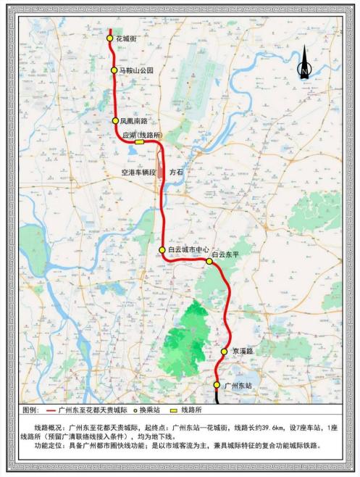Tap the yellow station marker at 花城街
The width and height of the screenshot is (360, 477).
click(109, 38)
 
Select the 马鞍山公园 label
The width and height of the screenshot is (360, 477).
click(136, 70)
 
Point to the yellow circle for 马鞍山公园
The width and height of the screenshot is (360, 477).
click(114, 70)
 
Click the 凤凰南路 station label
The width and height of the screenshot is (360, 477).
click(133, 121)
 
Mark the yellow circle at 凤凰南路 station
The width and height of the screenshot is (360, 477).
click(115, 121)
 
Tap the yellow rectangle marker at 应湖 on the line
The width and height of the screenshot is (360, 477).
click(139, 143)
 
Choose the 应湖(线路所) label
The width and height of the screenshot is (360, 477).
click(141, 134)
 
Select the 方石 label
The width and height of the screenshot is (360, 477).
click(177, 173)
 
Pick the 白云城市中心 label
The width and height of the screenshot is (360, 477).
click(188, 250)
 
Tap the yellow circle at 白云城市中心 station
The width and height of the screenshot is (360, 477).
click(162, 250)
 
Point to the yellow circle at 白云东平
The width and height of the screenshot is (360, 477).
click(209, 261)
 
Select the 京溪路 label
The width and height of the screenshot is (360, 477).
click(243, 351)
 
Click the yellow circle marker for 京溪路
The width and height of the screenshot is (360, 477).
click(225, 352)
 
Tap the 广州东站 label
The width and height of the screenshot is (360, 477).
click(238, 386)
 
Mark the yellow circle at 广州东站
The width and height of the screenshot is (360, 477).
click(217, 385)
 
